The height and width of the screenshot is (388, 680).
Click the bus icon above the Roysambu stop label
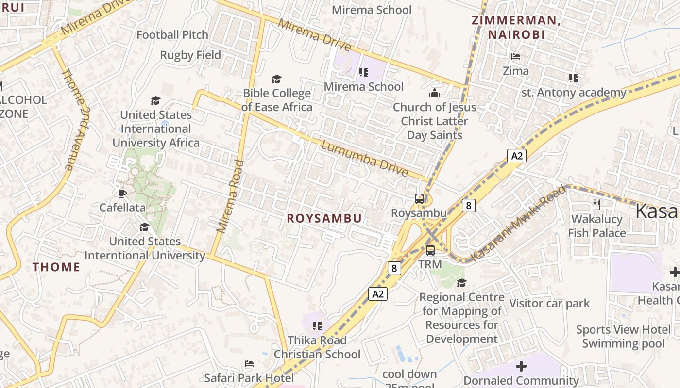tap(419, 198)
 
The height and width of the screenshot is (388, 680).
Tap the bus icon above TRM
tap(430, 250)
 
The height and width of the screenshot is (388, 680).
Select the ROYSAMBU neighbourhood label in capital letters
tap(324, 218)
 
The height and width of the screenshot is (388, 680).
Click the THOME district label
tap(56, 267)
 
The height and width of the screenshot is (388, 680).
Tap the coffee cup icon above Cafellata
tap(122, 194)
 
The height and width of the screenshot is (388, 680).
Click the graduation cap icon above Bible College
tap(276, 79)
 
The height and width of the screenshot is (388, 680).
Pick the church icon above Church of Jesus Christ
tap(434, 93)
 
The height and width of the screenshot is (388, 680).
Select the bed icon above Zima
tap(516, 57)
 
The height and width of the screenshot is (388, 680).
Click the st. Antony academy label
tap(574, 92)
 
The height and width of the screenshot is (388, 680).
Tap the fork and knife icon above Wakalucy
tap(597, 205)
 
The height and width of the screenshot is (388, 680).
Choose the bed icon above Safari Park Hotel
tap(249, 364)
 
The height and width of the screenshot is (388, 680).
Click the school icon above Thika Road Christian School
tap(317, 326)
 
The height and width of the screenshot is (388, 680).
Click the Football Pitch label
tap(172, 35)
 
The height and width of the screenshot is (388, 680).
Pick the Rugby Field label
tap(190, 55)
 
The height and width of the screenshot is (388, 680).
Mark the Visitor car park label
tap(549, 304)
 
